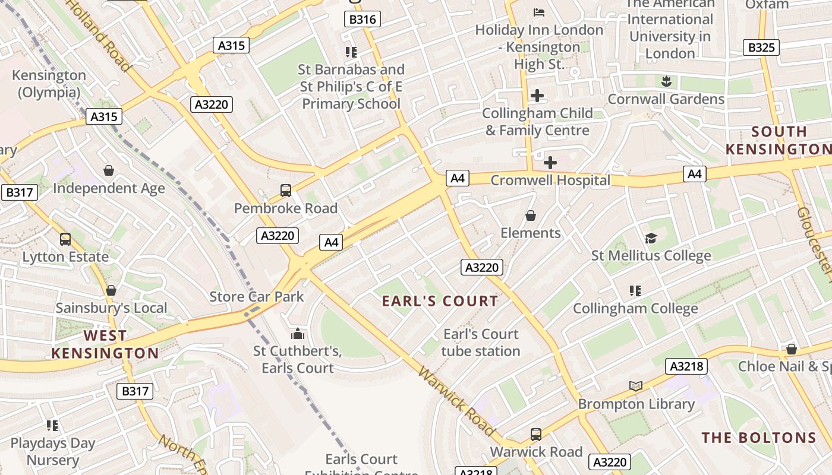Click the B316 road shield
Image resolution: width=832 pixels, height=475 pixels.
pyautogui.click(x=362, y=20)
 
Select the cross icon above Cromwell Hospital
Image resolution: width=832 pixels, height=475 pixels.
pyautogui.click(x=550, y=162)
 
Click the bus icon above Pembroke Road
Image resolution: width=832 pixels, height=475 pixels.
pyautogui.click(x=286, y=191)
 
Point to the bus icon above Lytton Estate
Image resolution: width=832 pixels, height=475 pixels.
pyautogui.click(x=65, y=239)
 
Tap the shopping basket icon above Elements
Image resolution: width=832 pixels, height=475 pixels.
pyautogui.click(x=531, y=216)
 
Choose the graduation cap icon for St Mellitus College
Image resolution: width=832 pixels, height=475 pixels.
pyautogui.click(x=651, y=239)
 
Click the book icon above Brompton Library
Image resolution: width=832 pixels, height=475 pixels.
pyautogui.click(x=636, y=387)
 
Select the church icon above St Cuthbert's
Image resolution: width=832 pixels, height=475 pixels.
pyautogui.click(x=298, y=334)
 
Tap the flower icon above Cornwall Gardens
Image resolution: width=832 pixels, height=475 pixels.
pyautogui.click(x=666, y=81)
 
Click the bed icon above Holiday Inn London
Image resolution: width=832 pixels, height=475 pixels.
pyautogui.click(x=538, y=12)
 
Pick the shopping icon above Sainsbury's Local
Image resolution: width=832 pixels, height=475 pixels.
pyautogui.click(x=111, y=291)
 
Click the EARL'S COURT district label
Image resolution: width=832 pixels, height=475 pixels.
pyautogui.click(x=440, y=301)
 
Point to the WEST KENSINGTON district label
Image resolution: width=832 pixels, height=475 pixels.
pyautogui.click(x=105, y=345)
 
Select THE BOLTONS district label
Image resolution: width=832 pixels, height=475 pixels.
pyautogui.click(x=759, y=438)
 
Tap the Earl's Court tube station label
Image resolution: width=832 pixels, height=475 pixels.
pyautogui.click(x=481, y=343)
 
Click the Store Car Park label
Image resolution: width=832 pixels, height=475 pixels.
pyautogui.click(x=257, y=297)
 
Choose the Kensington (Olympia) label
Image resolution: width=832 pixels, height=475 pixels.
pyautogui.click(x=49, y=84)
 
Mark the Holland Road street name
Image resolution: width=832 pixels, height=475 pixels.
pyautogui.click(x=98, y=34)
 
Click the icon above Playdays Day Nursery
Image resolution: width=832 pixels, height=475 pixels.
pyautogui.click(x=52, y=426)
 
